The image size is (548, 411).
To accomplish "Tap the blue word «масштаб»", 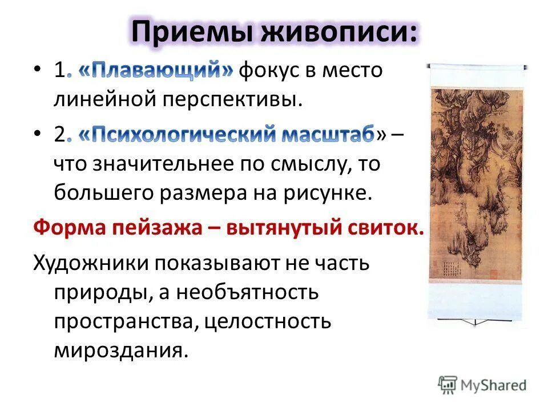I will pyautogui.click(x=326, y=135).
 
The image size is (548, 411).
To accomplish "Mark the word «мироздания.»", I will pyautogui.click(x=120, y=349).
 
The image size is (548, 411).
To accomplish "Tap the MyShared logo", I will pyautogui.click(x=483, y=385).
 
